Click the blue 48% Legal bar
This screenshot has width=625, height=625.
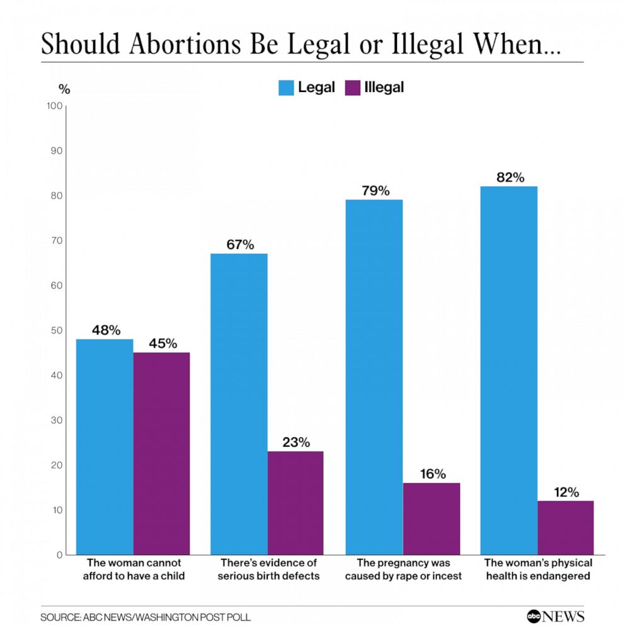click(x=105, y=447)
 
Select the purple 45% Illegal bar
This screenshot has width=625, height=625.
click(x=161, y=453)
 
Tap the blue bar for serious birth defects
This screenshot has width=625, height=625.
click(x=239, y=404)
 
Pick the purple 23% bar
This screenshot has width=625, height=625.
click(x=295, y=503)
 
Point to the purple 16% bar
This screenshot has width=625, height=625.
click(x=431, y=519)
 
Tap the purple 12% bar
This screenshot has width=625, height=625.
click(x=565, y=527)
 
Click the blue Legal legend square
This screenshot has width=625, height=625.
click(x=286, y=88)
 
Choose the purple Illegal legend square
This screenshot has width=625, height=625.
click(x=353, y=88)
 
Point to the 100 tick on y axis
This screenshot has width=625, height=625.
click(x=55, y=106)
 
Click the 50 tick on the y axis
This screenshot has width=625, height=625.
click(x=57, y=330)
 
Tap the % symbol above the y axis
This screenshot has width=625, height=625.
click(x=64, y=89)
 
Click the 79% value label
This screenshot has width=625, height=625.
click(x=376, y=190)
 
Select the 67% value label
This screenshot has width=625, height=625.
click(x=240, y=244)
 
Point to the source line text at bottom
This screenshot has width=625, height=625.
click(x=146, y=617)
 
